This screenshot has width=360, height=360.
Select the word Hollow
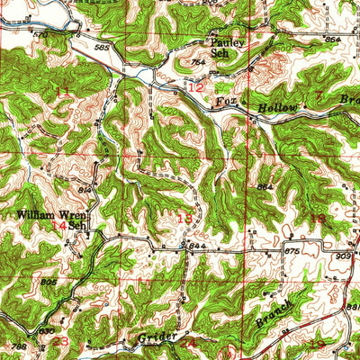click(277, 107)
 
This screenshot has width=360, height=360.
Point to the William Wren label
click(47, 216)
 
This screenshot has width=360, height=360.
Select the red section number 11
click(62, 91)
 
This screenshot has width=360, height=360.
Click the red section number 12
click(196, 85)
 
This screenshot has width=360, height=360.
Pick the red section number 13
click(185, 218)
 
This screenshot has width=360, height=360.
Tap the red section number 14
click(58, 226)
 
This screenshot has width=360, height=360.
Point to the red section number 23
click(60, 341)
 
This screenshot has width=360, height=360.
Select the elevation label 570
click(40, 35)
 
